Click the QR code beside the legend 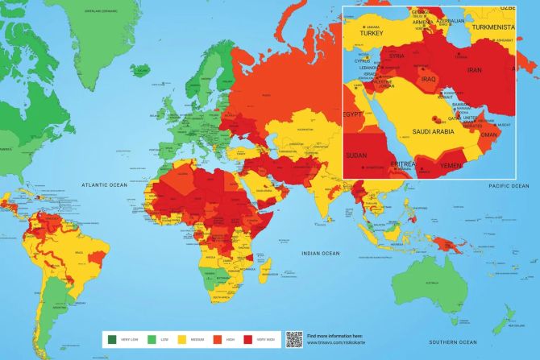coord(293,339)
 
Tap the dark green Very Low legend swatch coord(111,339)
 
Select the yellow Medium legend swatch coord(181,339)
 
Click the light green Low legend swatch coord(146,339)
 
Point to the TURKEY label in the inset coord(372,33)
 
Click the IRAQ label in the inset coord(427,79)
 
